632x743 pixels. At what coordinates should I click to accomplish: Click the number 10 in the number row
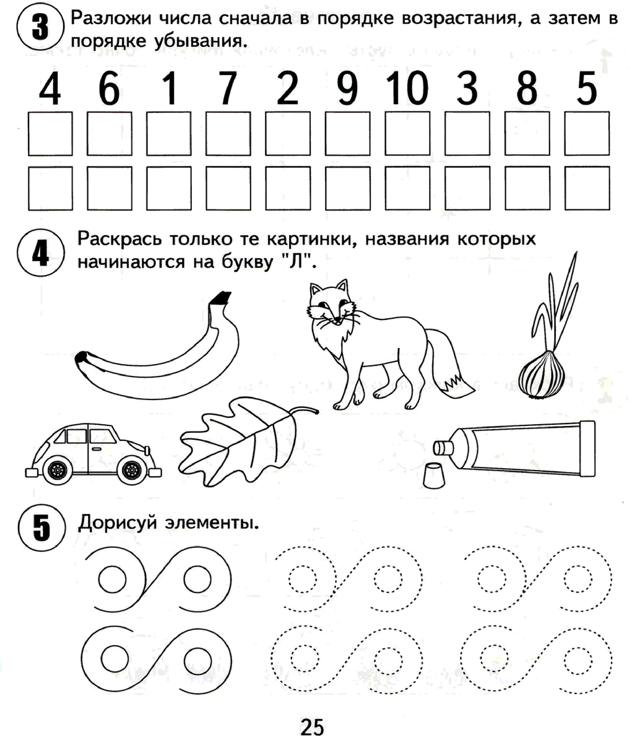(407, 88)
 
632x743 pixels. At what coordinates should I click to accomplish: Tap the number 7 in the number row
(228, 88)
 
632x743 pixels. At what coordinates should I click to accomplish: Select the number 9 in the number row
(347, 88)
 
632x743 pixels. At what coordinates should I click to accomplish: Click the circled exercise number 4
(41, 253)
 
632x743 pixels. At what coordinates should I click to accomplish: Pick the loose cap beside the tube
(435, 475)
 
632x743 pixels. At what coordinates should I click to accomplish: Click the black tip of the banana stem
(220, 298)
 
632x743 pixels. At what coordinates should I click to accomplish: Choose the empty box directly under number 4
(50, 134)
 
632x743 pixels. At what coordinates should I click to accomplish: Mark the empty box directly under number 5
(587, 134)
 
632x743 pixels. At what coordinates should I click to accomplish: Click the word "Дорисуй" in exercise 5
(118, 523)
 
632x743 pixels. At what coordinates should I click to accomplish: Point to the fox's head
(331, 303)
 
